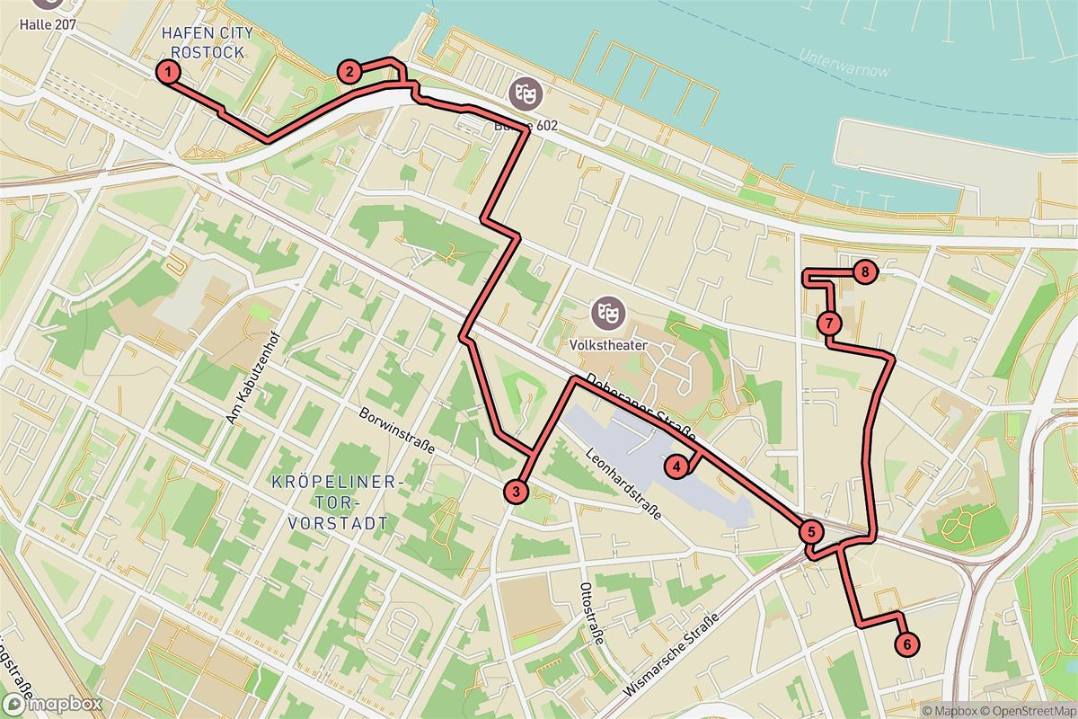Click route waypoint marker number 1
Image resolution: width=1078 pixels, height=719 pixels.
tap(167, 72)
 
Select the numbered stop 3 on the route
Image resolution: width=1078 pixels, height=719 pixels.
tap(516, 491)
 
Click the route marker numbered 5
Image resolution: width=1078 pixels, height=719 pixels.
tap(810, 531)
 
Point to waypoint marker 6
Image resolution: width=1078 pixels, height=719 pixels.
tap(907, 644)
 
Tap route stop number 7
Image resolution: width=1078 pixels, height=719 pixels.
tap(829, 323)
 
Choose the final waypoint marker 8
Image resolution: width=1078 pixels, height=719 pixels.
tap(863, 271)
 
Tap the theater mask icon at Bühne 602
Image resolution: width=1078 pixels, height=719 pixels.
tap(521, 93)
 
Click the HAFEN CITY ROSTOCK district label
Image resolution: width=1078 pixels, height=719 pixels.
tap(208, 42)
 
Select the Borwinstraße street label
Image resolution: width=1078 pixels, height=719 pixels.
tap(396, 431)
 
